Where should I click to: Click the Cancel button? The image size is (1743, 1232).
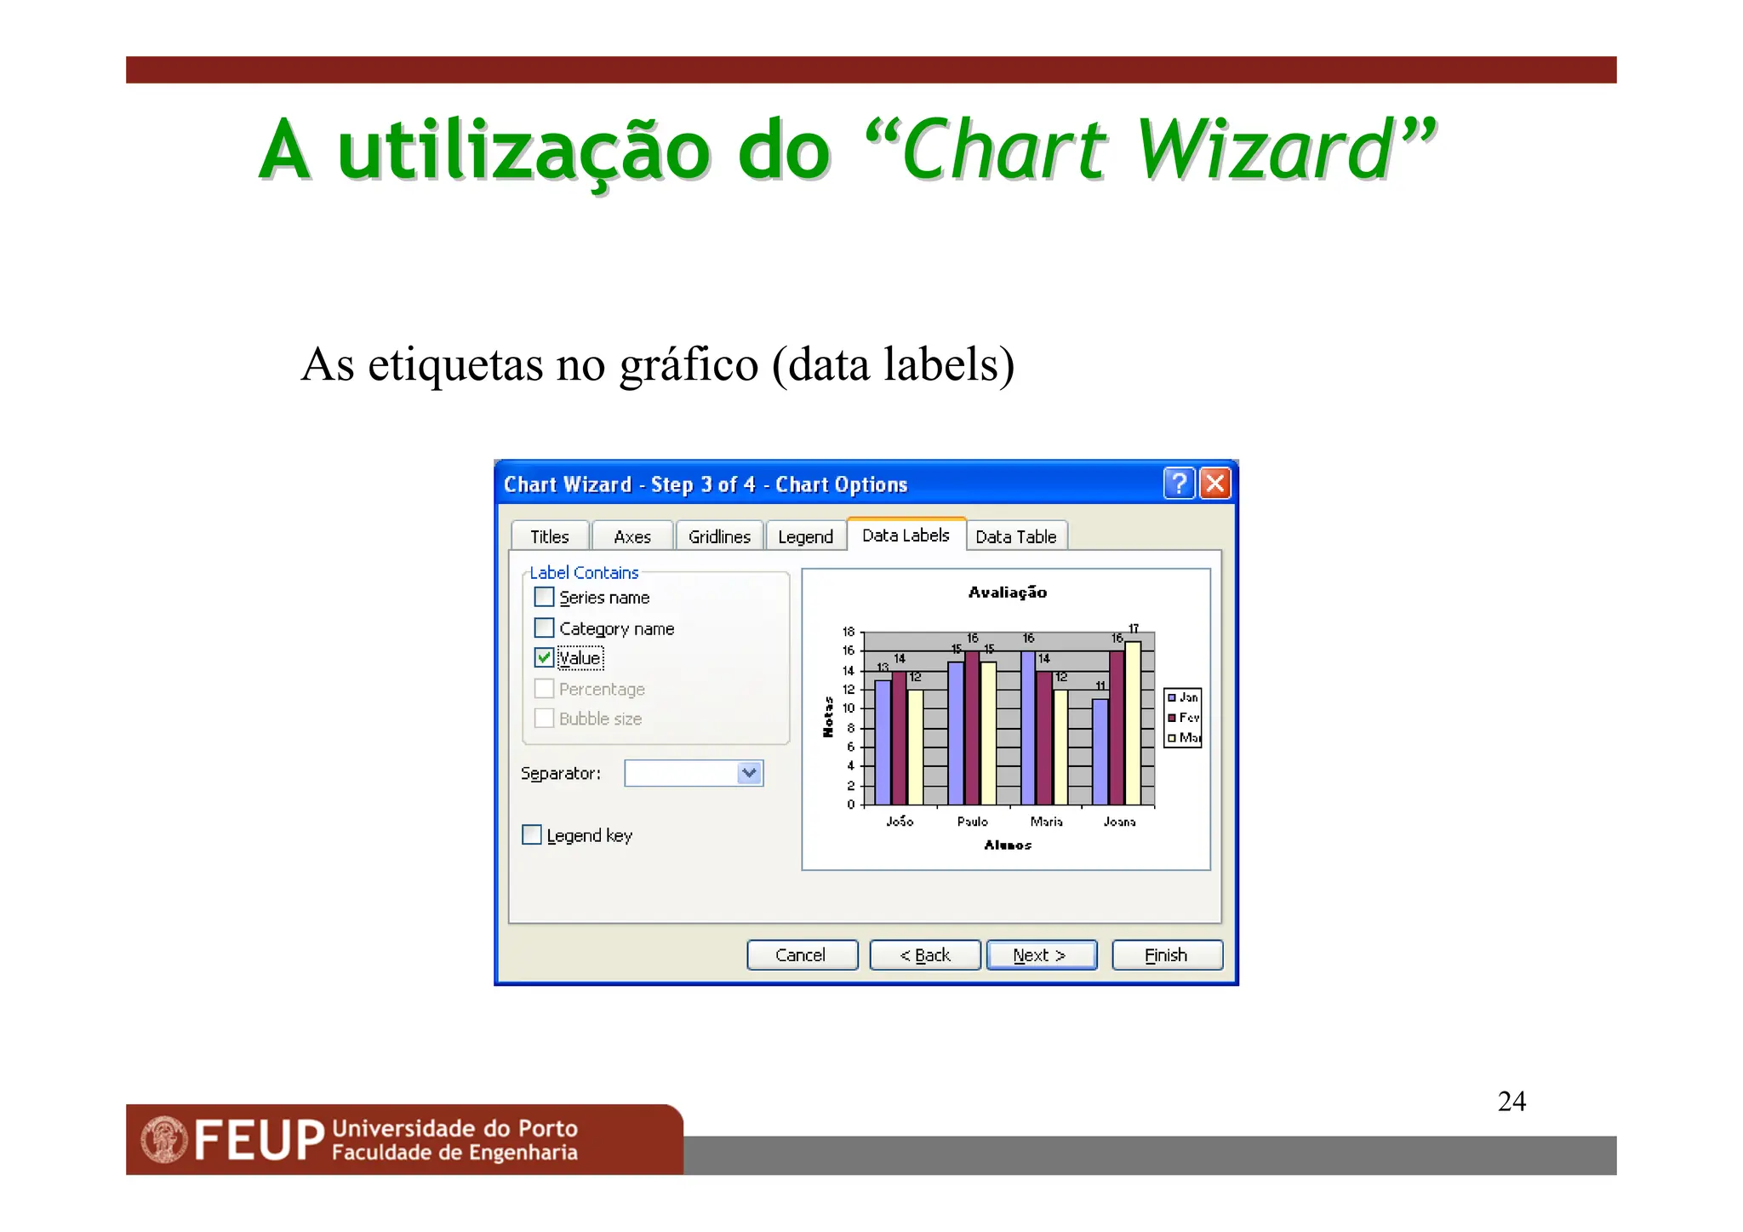(x=801, y=954)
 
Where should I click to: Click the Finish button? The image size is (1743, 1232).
(x=1166, y=954)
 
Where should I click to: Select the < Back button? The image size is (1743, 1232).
(x=924, y=954)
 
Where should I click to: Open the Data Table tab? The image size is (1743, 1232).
(x=1015, y=536)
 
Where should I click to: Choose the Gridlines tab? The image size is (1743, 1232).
(x=719, y=536)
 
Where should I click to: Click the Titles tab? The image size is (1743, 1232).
(x=549, y=536)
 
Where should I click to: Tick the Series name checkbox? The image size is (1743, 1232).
(x=544, y=597)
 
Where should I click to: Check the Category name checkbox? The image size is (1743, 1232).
(x=544, y=627)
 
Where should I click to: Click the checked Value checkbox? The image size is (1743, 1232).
(x=544, y=657)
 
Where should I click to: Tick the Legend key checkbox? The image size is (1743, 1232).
(x=532, y=834)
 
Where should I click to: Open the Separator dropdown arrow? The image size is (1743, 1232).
(x=749, y=773)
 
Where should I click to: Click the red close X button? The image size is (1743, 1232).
(x=1215, y=484)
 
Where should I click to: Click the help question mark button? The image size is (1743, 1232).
(x=1179, y=484)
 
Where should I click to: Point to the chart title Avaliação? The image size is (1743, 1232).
(x=1007, y=592)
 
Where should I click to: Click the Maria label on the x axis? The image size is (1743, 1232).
(x=1046, y=822)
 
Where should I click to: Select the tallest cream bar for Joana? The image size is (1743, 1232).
(x=1133, y=724)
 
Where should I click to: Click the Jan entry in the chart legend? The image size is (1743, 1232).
(x=1184, y=697)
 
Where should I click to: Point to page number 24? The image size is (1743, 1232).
(x=1512, y=1101)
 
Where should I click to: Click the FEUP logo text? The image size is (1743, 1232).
(x=259, y=1140)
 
